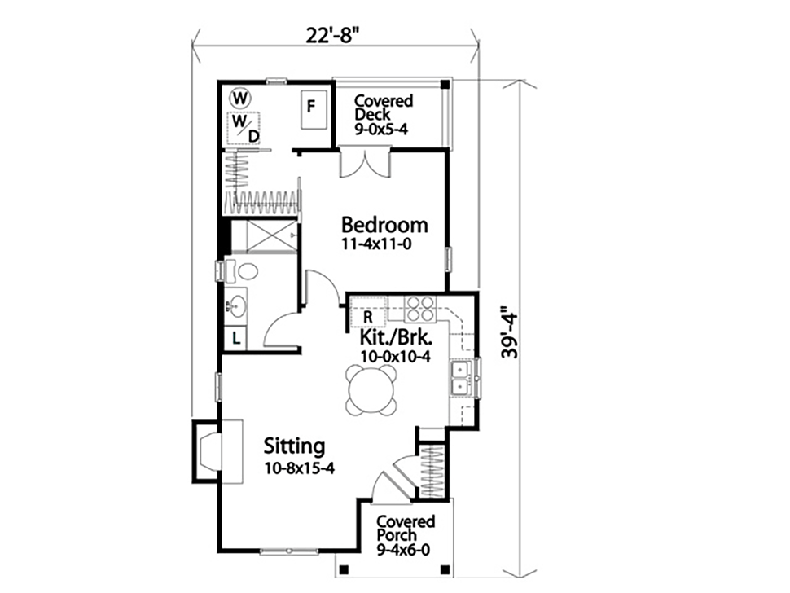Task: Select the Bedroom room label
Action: click(x=384, y=224)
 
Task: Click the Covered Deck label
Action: click(x=384, y=114)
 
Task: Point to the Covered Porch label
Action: click(x=406, y=535)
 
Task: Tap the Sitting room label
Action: click(x=295, y=446)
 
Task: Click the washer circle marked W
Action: click(x=239, y=99)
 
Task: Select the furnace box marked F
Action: click(x=311, y=108)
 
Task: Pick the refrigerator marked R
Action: click(x=367, y=314)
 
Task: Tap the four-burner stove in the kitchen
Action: click(x=420, y=310)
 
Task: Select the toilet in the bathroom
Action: click(x=241, y=271)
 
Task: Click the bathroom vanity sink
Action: click(x=238, y=307)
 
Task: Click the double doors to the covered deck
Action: click(x=364, y=161)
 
